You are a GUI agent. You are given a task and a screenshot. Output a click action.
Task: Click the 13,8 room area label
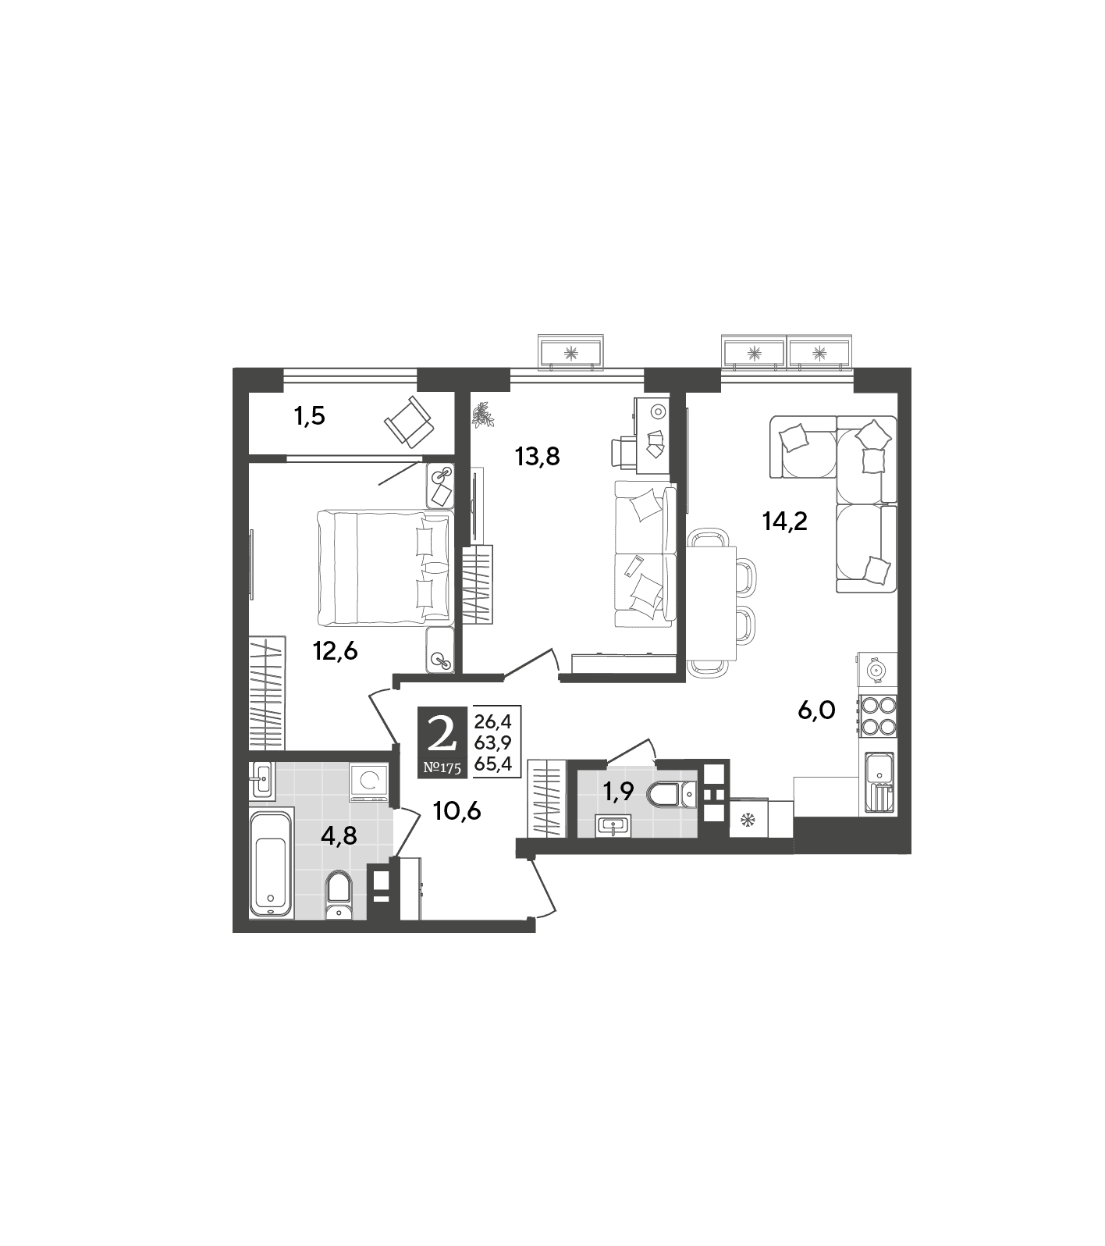(x=538, y=456)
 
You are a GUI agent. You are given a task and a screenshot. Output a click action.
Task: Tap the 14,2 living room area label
(x=784, y=522)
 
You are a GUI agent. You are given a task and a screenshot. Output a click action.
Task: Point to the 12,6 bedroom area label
(x=336, y=650)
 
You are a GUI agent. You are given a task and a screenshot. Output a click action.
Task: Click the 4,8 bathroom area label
(x=339, y=836)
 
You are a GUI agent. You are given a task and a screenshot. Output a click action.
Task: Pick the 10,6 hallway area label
(x=457, y=811)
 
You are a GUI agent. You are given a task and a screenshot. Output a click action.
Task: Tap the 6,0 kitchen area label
(x=816, y=710)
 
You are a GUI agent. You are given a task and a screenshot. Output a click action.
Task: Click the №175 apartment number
(x=442, y=767)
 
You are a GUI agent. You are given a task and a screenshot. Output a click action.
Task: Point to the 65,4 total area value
(x=492, y=765)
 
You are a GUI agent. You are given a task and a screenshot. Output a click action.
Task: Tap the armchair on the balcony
(x=409, y=422)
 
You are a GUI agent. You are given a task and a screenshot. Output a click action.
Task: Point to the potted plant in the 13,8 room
(x=484, y=415)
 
